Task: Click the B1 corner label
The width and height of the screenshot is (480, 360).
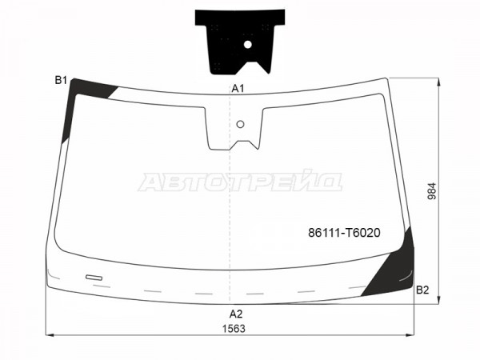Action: (x=61, y=81)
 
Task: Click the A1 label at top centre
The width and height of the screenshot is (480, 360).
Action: (x=238, y=89)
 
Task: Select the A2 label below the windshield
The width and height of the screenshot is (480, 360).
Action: (x=236, y=314)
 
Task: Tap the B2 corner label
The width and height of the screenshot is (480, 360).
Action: (x=422, y=290)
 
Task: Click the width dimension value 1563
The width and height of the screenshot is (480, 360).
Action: (x=234, y=329)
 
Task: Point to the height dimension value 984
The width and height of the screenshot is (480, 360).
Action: (x=432, y=191)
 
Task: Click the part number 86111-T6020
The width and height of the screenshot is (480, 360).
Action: (x=344, y=233)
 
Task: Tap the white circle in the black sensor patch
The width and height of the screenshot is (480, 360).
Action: (x=248, y=45)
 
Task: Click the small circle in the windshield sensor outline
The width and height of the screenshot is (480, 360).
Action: (x=241, y=124)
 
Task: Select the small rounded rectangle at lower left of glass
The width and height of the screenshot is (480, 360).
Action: (x=94, y=278)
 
